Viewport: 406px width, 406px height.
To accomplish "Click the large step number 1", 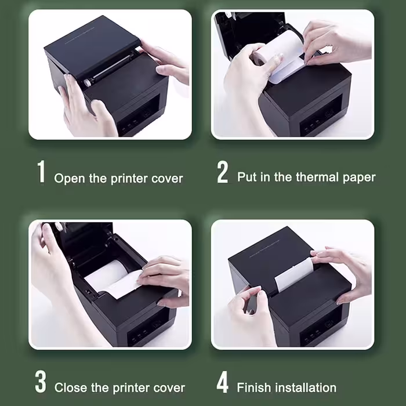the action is click(41, 172).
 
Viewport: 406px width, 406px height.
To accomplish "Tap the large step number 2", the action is click(222, 172).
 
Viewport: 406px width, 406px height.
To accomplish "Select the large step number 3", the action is click(41, 382).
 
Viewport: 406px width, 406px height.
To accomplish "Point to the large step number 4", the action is click(222, 382).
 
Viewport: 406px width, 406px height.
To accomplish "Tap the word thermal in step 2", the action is click(317, 177).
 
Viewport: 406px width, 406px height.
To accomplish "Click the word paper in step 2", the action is click(359, 178).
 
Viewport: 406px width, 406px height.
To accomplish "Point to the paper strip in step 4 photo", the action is click(294, 274).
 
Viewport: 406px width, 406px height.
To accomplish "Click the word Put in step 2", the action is click(246, 177).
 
